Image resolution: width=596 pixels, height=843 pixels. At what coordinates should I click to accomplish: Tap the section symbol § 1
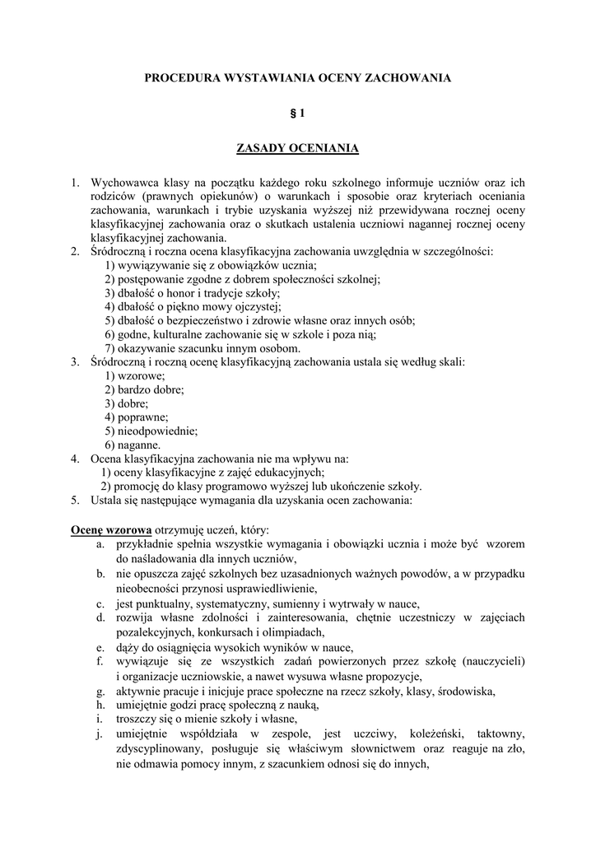pyautogui.click(x=297, y=113)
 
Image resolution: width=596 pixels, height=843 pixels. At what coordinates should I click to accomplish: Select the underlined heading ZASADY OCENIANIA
pyautogui.click(x=297, y=148)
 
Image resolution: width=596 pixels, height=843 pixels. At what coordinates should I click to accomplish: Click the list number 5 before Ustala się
pyautogui.click(x=73, y=500)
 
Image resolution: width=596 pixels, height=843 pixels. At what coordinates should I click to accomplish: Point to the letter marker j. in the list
pyautogui.click(x=99, y=734)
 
